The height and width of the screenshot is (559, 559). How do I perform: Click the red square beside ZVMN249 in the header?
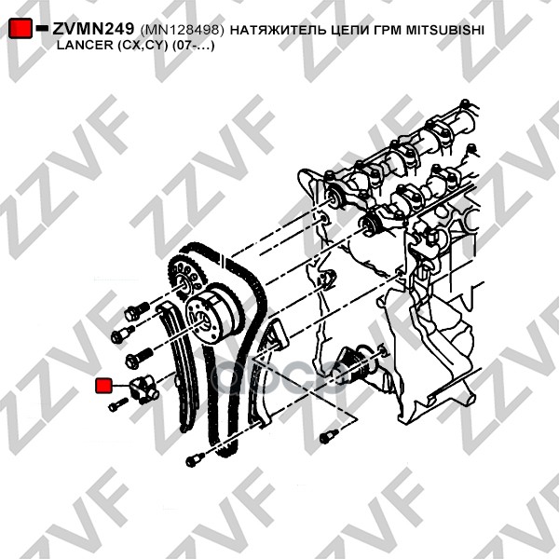coord(20,28)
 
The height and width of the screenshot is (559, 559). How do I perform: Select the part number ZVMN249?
coord(93,29)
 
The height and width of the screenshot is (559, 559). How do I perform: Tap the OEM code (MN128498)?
coord(183,30)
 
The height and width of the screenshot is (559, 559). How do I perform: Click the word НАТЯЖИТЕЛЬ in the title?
coord(277,31)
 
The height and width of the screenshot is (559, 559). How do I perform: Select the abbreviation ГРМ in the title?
coord(380,30)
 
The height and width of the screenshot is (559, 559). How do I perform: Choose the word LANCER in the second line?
coord(85,46)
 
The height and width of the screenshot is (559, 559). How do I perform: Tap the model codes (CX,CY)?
coord(143,46)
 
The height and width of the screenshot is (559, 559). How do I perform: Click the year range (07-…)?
coord(194,46)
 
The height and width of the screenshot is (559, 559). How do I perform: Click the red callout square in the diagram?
coord(104,385)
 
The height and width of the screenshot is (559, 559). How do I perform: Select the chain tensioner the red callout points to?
coord(143,389)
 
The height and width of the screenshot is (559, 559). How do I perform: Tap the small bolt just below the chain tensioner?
coord(118,404)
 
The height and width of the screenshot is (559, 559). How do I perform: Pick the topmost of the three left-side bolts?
coord(137,311)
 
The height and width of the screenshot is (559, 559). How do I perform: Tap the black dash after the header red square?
coord(42,28)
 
